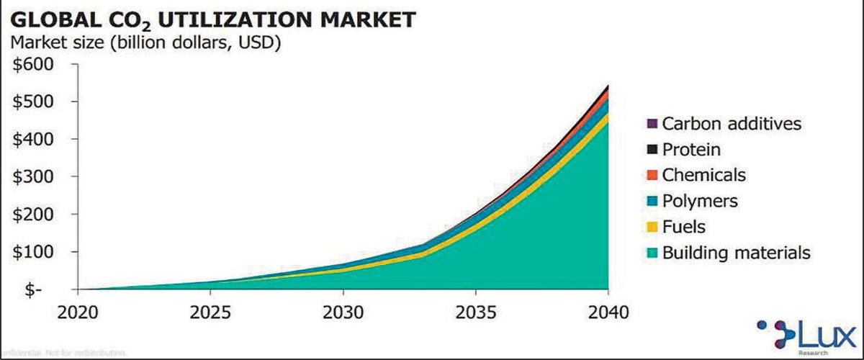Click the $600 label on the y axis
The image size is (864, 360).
click(x=34, y=65)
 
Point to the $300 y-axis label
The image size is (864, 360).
click(x=34, y=177)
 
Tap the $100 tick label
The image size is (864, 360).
click(x=34, y=252)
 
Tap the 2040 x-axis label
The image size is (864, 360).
click(x=608, y=313)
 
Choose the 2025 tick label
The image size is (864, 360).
click(x=210, y=313)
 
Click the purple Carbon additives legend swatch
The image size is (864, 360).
click(x=652, y=124)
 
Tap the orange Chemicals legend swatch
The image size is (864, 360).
click(x=652, y=176)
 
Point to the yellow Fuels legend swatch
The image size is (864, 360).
click(x=652, y=228)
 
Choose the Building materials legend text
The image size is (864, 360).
click(x=736, y=253)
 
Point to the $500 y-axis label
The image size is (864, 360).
click(x=34, y=102)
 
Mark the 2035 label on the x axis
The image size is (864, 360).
click(x=475, y=313)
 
